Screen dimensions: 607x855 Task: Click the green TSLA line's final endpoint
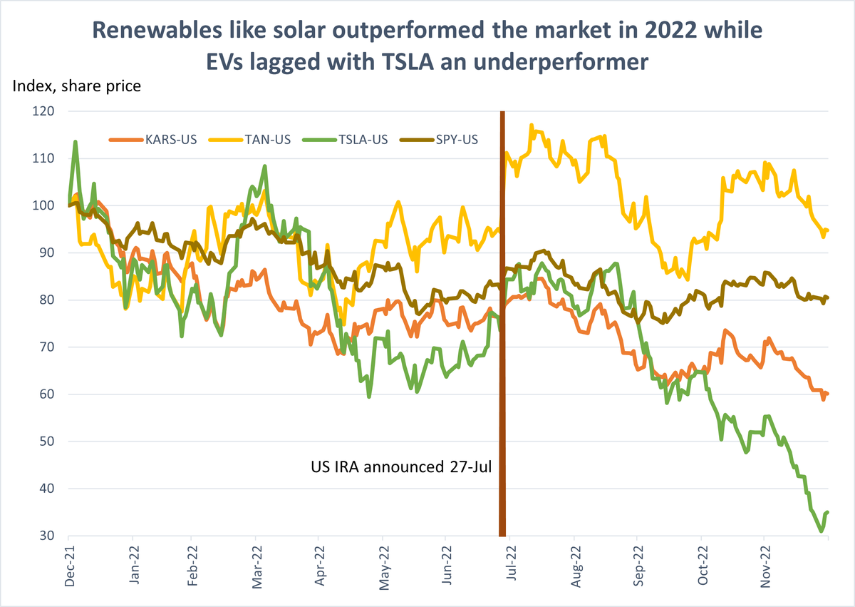click(828, 512)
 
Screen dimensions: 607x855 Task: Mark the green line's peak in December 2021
click(76, 142)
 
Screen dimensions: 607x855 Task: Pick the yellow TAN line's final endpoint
click(828, 230)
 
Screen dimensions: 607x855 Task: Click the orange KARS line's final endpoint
click(828, 394)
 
